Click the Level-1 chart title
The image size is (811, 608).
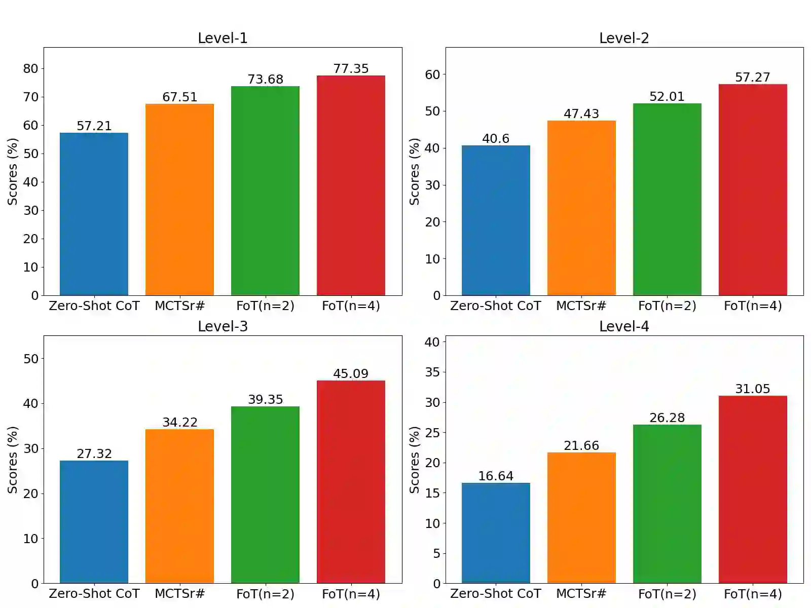tap(223, 38)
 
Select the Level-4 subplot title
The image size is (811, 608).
tap(624, 326)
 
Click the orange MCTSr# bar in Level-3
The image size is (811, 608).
tap(179, 506)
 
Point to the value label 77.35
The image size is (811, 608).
tap(351, 68)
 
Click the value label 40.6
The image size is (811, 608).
tap(496, 138)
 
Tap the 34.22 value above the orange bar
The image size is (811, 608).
tap(179, 422)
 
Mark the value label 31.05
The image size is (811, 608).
tap(753, 389)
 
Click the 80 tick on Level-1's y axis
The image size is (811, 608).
tap(30, 68)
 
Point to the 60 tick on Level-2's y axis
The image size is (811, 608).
tap(432, 74)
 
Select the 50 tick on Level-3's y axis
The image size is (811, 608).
tap(30, 359)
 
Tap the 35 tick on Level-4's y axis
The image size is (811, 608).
tap(432, 372)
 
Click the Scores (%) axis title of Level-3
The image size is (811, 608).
tap(13, 460)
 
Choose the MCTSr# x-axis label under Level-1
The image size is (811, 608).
tap(179, 306)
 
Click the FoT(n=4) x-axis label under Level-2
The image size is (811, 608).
tap(753, 306)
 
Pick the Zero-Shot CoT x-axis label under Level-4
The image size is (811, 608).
tap(496, 593)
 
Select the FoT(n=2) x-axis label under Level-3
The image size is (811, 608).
tap(265, 593)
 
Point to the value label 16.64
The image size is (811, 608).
tap(496, 476)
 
